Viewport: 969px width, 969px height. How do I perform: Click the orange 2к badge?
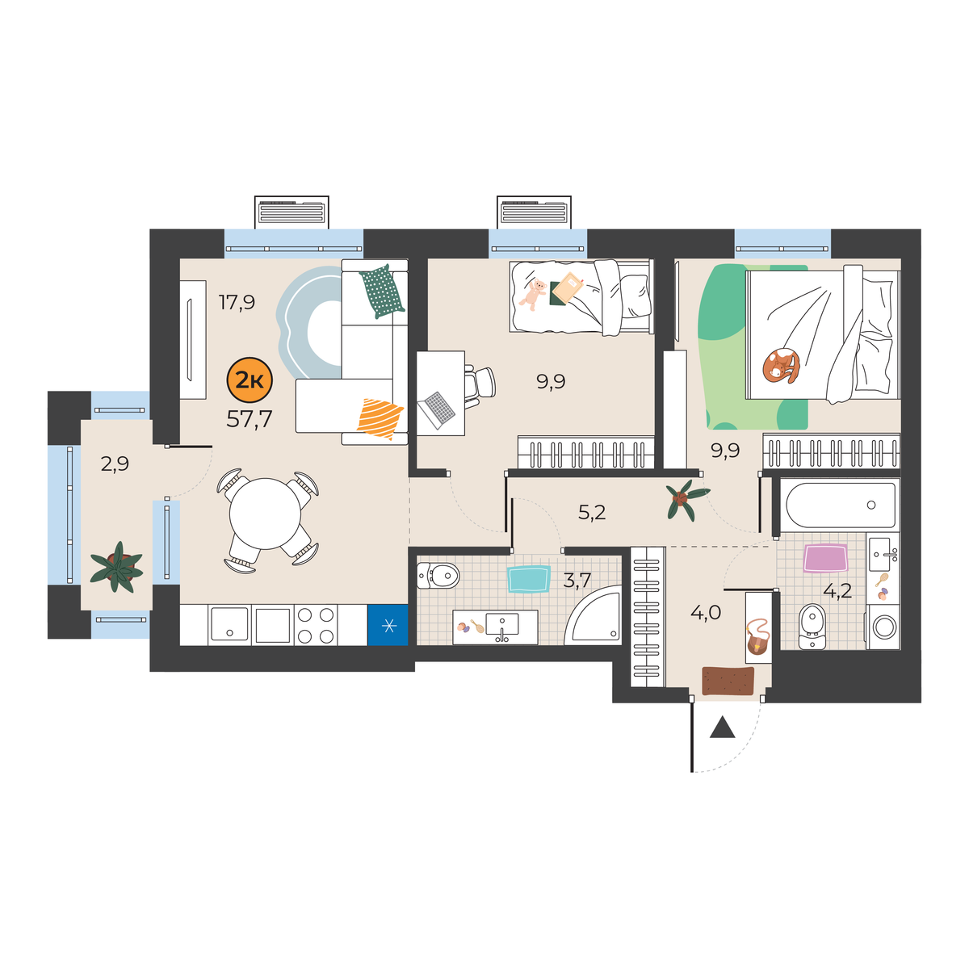pos(250,380)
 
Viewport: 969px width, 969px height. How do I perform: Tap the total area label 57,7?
pos(250,419)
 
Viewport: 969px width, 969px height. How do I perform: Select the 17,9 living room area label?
pos(237,302)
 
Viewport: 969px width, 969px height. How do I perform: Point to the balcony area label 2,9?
pos(115,464)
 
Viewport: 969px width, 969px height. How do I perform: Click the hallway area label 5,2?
pos(592,513)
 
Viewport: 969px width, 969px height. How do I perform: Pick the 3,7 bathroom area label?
pos(577,581)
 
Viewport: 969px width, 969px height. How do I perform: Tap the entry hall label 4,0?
pos(706,613)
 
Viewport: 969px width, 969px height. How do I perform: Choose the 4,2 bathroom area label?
pos(837,591)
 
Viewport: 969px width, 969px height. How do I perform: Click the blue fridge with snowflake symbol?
pos(388,625)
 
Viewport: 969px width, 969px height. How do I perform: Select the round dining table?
pos(265,514)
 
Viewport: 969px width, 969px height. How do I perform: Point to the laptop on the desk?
pos(436,410)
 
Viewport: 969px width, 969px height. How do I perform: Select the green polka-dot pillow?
pos(382,292)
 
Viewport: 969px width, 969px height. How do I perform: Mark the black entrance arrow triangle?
pos(722,728)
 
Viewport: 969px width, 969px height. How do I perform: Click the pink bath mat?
pos(825,558)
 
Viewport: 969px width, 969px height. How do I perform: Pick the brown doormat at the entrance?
pos(728,681)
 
